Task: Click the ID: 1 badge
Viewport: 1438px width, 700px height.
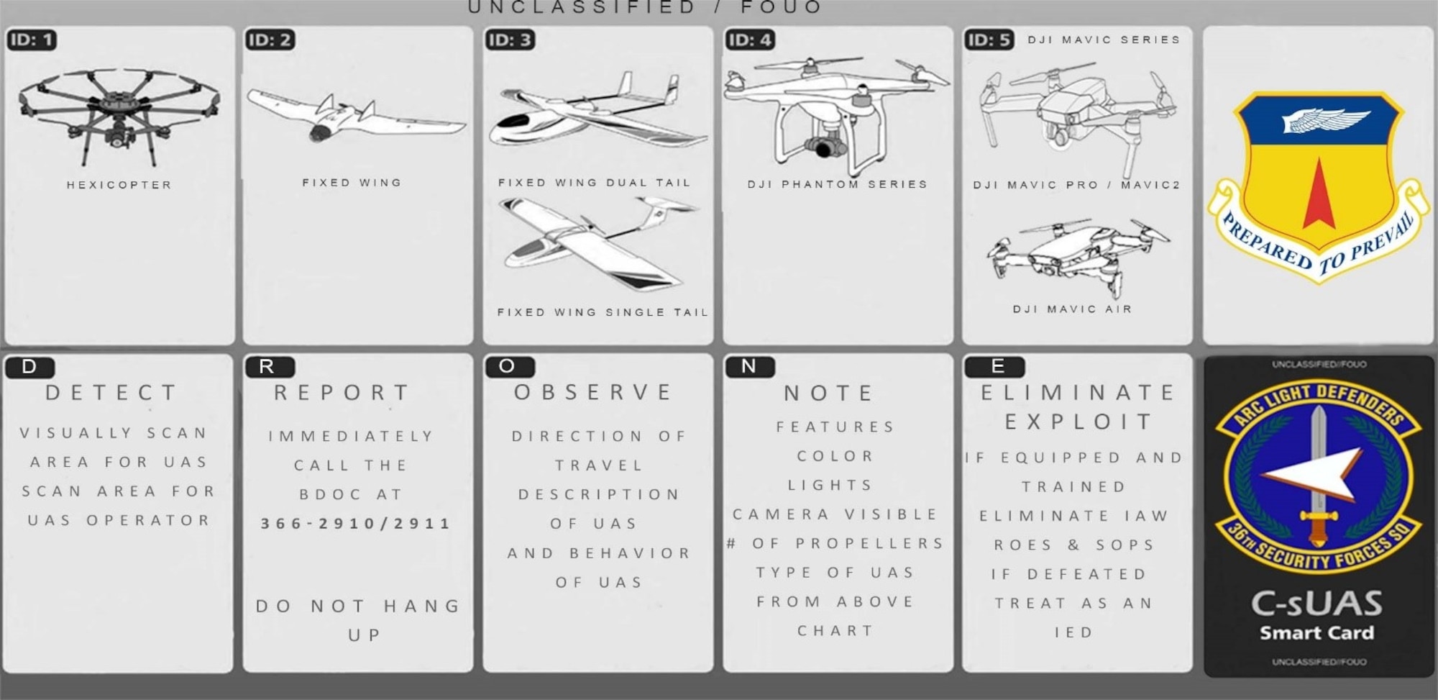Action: click(32, 40)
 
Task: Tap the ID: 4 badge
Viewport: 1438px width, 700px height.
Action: click(750, 40)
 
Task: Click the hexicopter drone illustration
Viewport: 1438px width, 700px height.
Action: click(119, 115)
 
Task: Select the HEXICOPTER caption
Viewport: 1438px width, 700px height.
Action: click(119, 185)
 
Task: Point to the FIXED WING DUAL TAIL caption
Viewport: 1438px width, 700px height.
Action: click(595, 183)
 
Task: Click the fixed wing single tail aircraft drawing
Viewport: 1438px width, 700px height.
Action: click(597, 245)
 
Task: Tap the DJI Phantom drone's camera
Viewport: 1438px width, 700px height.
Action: click(826, 147)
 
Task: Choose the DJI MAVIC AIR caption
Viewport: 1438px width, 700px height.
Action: click(1073, 309)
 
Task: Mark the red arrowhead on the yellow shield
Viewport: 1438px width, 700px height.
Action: click(1319, 194)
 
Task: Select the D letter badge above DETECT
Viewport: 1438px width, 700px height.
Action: click(29, 367)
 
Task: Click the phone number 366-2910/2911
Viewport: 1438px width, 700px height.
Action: click(356, 524)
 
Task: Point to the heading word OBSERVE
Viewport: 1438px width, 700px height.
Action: click(594, 392)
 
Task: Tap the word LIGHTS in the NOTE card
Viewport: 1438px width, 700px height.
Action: click(830, 486)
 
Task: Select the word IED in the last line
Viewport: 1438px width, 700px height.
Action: click(1073, 632)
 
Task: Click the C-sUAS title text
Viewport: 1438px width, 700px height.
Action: click(1316, 604)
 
